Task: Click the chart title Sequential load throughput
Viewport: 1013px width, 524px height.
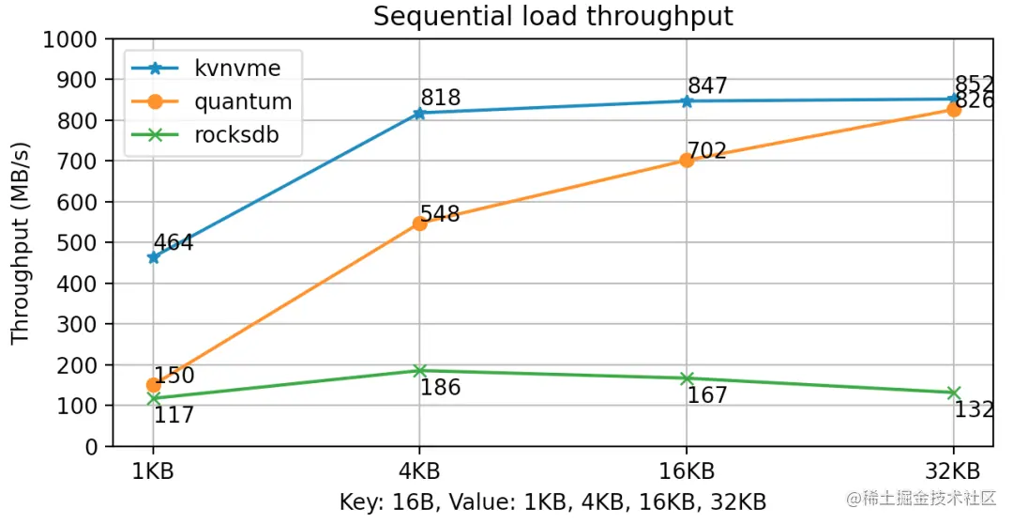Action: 553,16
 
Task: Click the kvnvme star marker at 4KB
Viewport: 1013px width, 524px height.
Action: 419,113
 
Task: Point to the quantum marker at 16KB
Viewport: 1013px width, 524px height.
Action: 687,161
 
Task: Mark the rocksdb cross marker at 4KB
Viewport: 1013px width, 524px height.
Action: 419,371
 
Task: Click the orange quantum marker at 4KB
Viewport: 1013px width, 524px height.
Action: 419,223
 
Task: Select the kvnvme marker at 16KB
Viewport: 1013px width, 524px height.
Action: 687,101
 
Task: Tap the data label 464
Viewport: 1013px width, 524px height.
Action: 173,243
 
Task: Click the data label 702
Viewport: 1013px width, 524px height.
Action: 707,150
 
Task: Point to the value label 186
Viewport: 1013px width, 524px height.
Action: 440,387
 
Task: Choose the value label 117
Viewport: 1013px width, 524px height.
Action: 174,414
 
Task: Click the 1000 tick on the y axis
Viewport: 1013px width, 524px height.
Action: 71,40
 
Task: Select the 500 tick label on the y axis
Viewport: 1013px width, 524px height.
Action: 79,243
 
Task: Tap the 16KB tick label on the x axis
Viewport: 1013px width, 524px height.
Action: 687,470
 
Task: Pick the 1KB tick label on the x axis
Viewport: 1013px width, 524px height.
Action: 152,470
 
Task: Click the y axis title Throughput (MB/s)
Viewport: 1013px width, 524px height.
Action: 21,243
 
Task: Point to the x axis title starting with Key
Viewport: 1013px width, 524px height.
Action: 553,502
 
